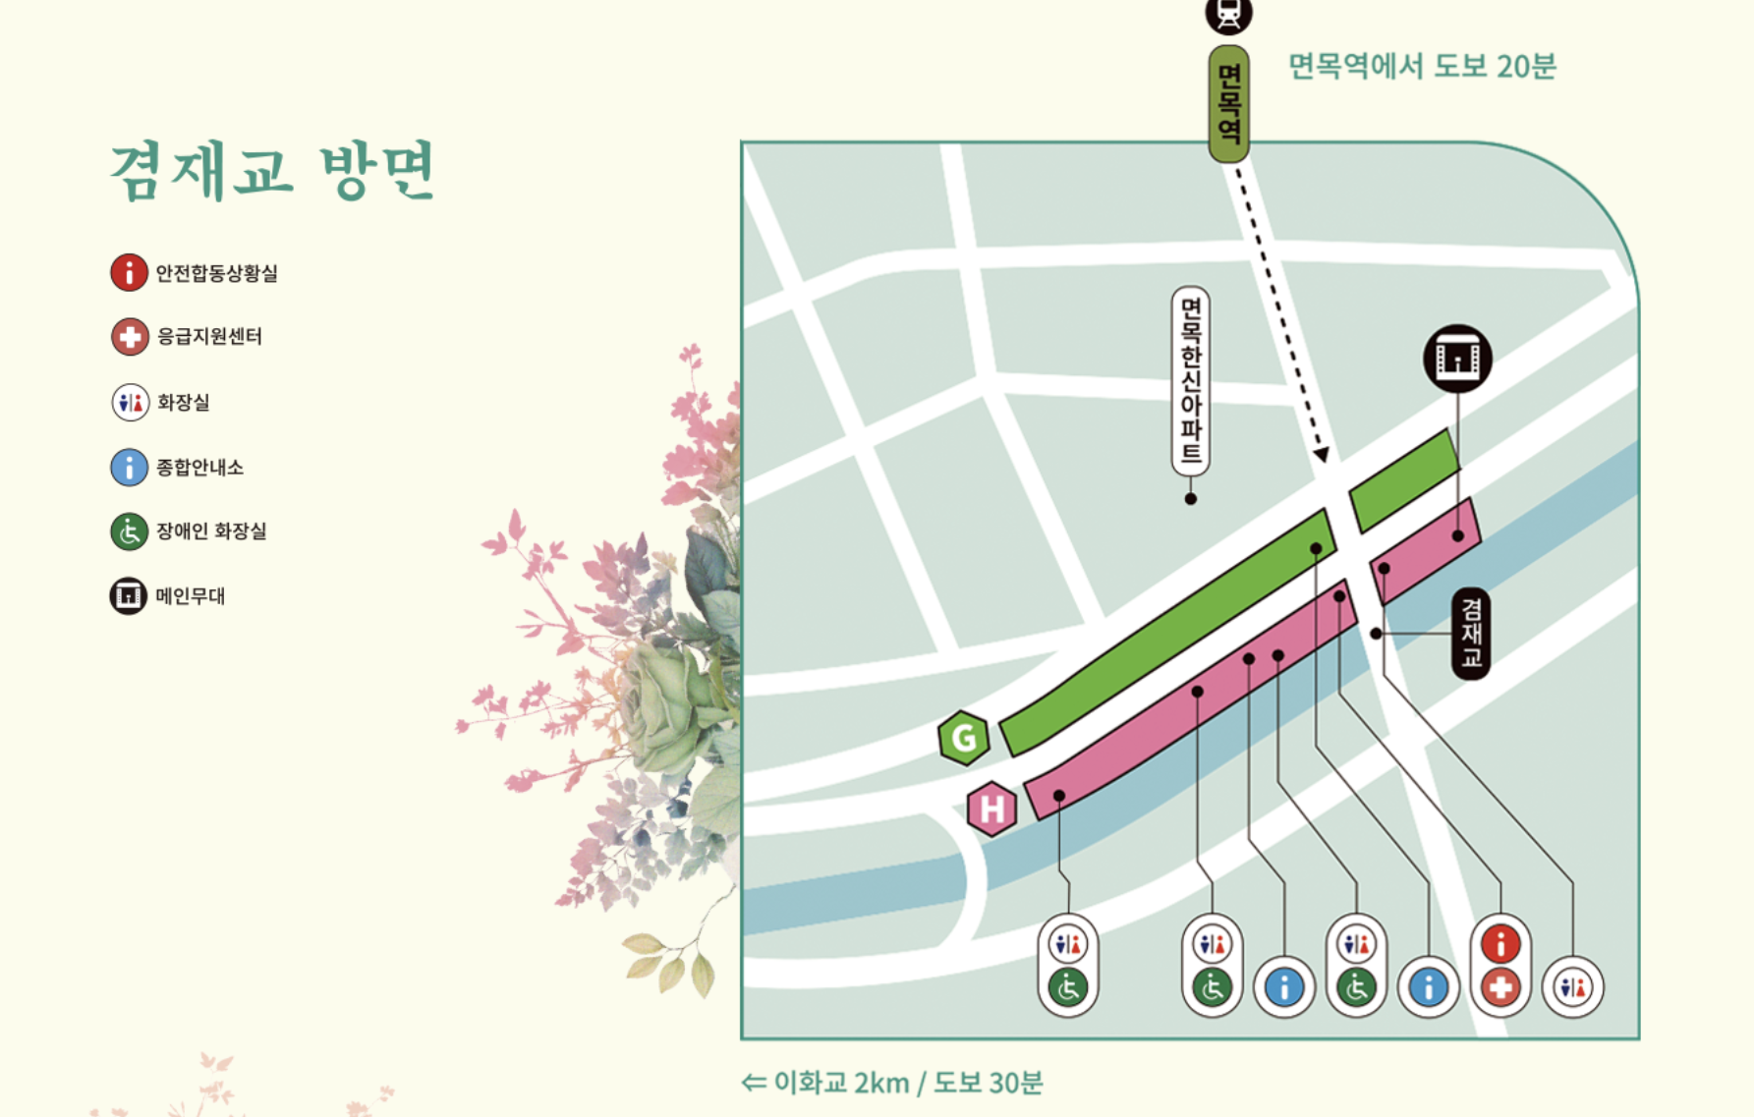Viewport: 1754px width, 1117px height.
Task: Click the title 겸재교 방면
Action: tap(272, 171)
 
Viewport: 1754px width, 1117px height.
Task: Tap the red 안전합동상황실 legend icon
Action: tap(129, 272)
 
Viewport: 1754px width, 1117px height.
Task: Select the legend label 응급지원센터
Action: tap(209, 336)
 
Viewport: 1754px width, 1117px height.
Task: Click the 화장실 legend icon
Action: tap(130, 402)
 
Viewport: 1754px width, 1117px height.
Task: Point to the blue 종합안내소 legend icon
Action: tap(129, 467)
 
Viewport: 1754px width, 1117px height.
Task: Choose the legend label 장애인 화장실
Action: tap(211, 531)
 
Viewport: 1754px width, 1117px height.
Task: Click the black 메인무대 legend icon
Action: tap(129, 595)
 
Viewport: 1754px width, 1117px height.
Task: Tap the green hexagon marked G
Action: tap(964, 737)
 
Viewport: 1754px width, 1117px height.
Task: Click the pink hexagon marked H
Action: tap(991, 809)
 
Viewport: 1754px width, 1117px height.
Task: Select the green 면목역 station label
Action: tap(1229, 103)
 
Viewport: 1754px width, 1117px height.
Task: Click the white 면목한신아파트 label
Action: tap(1191, 381)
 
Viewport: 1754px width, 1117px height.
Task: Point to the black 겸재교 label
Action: tap(1471, 634)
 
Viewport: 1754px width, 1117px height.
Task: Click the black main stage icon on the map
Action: tap(1457, 359)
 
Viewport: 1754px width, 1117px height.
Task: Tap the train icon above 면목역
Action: tap(1228, 15)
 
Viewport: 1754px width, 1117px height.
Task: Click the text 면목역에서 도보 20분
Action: tap(1422, 66)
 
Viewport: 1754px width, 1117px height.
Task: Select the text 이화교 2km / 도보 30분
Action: tap(892, 1083)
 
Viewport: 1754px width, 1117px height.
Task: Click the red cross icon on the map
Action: tap(1500, 987)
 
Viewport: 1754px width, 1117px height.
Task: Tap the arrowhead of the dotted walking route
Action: tap(1323, 454)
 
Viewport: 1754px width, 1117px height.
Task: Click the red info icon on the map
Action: tap(1500, 944)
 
